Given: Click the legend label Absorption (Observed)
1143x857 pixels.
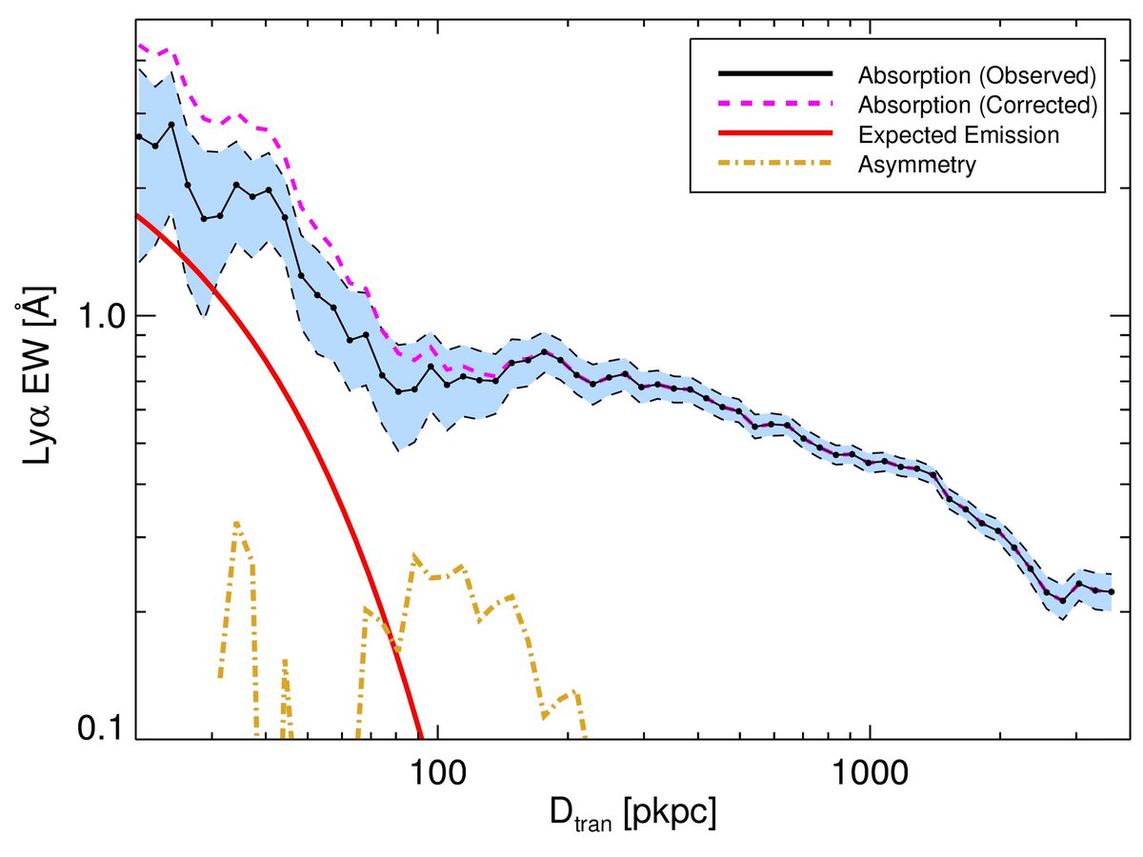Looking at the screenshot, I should pos(977,74).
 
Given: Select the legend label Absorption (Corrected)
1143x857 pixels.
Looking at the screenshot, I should pos(977,105).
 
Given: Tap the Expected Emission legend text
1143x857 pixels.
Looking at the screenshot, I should pos(957,135).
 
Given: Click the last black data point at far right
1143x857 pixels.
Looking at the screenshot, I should pos(1112,592).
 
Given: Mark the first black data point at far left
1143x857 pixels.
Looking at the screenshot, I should pos(139,137).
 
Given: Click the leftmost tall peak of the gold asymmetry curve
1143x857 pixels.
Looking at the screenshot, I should pos(236,523).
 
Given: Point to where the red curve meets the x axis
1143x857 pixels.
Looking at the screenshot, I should pos(420,737).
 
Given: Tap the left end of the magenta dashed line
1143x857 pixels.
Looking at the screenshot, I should pos(139,44).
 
